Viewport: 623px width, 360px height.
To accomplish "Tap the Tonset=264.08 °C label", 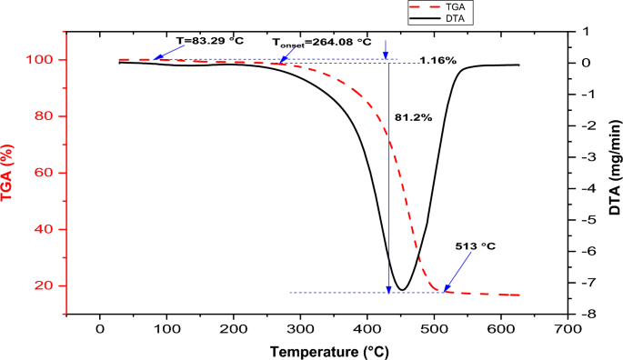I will coord(323,42).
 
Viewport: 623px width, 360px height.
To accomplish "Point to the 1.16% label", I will coord(437,61).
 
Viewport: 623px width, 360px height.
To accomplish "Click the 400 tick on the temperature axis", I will coord(367,329).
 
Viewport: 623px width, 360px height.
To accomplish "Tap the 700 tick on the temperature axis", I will coord(568,329).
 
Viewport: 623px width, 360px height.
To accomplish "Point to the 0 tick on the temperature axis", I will coord(100,329).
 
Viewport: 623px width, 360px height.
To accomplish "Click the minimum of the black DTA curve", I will coord(401,290).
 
